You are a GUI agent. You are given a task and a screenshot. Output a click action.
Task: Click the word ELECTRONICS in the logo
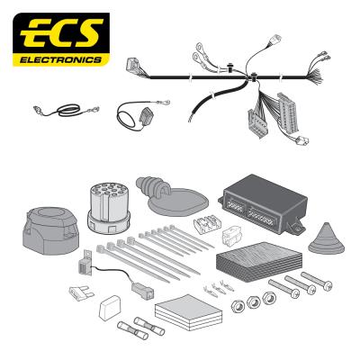click(x=60, y=59)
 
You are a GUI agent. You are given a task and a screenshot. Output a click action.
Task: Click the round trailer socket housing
click(x=50, y=230)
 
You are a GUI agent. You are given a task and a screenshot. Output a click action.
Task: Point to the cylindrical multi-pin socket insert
click(x=108, y=207)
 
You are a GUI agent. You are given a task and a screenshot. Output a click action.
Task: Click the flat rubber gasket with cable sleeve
click(x=172, y=196)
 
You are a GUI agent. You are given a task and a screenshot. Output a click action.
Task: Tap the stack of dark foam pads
click(x=258, y=261)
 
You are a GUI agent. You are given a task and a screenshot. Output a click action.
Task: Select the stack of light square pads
click(x=189, y=312)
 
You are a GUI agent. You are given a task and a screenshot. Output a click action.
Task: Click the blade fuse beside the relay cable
click(x=82, y=292)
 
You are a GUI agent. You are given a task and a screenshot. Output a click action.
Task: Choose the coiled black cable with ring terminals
click(x=67, y=110)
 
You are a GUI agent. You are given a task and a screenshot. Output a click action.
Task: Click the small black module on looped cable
click(x=146, y=116)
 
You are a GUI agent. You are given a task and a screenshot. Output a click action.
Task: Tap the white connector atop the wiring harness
click(x=275, y=40)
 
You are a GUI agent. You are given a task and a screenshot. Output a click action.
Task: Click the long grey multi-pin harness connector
click(x=288, y=112)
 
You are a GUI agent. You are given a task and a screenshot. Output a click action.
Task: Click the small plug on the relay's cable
click(x=142, y=291)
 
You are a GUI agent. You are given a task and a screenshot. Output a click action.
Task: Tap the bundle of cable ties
click(x=156, y=253)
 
